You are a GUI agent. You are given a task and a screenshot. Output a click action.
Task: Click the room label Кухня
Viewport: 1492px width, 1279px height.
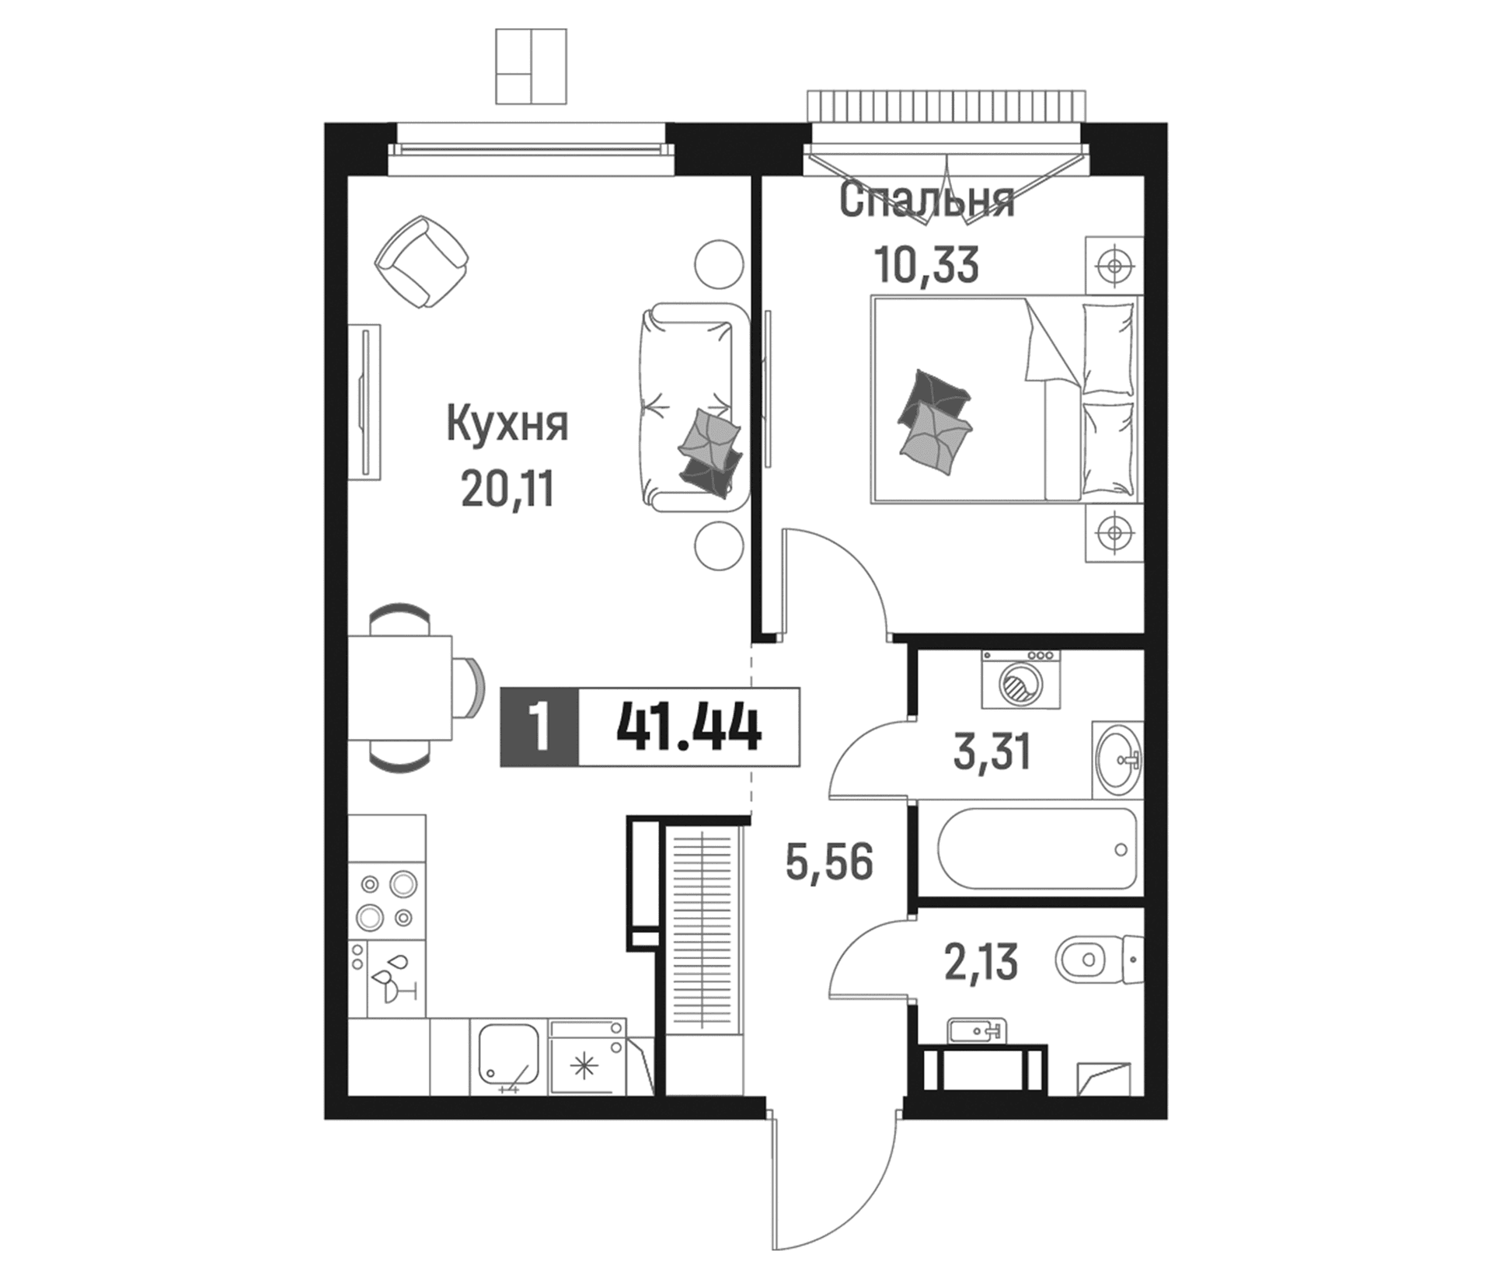click(x=507, y=424)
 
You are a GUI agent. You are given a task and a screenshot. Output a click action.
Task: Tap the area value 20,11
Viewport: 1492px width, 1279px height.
click(x=507, y=490)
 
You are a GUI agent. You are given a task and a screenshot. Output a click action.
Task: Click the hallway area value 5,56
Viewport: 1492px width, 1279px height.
click(x=830, y=863)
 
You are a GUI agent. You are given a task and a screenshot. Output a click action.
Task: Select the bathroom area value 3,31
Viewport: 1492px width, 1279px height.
click(x=992, y=753)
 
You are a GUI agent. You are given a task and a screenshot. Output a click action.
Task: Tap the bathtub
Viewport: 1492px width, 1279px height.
click(x=1037, y=849)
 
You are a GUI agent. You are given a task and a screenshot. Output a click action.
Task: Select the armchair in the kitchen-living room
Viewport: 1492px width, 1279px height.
click(x=422, y=262)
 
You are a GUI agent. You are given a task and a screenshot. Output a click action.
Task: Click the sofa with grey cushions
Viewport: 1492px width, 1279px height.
click(x=694, y=406)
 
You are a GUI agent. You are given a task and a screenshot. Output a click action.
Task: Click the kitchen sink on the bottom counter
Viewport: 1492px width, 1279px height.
click(x=507, y=1056)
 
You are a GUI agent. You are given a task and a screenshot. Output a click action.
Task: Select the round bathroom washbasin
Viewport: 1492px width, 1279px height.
click(x=1118, y=759)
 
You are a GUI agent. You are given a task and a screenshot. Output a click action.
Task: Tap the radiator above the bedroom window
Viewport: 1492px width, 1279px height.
click(x=946, y=106)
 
